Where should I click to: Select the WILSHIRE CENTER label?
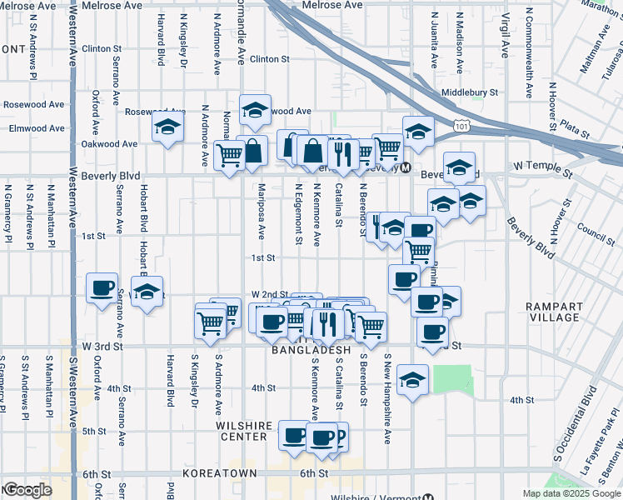click(x=243, y=431)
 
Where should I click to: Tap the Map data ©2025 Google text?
click(x=571, y=493)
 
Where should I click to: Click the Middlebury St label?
click(x=470, y=92)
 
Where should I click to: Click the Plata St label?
click(x=575, y=131)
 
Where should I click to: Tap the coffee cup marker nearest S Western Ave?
click(x=102, y=288)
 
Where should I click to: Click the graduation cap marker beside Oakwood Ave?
click(x=167, y=128)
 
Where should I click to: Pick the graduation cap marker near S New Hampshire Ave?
click(x=412, y=380)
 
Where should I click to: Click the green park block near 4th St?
click(x=453, y=380)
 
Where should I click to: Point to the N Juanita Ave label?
click(x=434, y=40)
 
